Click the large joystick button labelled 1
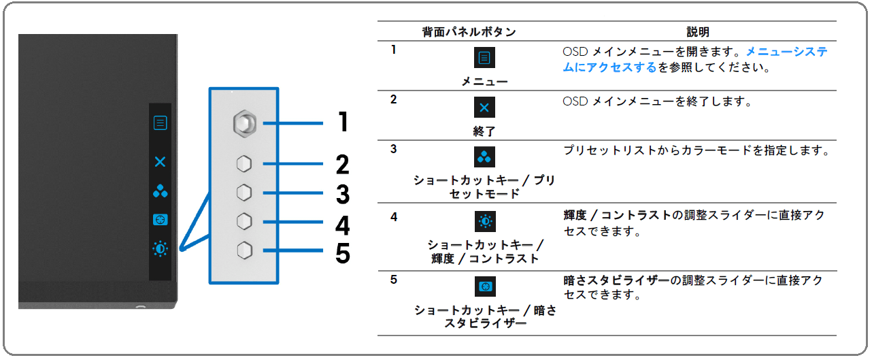pos(244,123)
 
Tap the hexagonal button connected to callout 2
pos(244,164)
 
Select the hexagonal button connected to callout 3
pos(244,193)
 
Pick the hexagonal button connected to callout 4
pos(244,222)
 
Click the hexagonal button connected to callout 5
pos(244,250)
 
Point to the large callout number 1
pos(343,122)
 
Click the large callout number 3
pos(343,194)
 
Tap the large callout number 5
pos(343,254)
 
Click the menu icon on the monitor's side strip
pos(160,122)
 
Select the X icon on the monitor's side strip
pos(160,162)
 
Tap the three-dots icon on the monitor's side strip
pos(160,191)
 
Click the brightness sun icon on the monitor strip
pos(160,248)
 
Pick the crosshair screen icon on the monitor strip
pos(160,220)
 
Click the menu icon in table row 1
pos(484,58)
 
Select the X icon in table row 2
pos(484,107)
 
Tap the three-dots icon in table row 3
pos(484,157)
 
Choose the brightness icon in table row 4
pos(485,222)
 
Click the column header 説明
pos(698,32)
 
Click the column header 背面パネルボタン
pos(469,32)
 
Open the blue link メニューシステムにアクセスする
pos(695,60)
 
